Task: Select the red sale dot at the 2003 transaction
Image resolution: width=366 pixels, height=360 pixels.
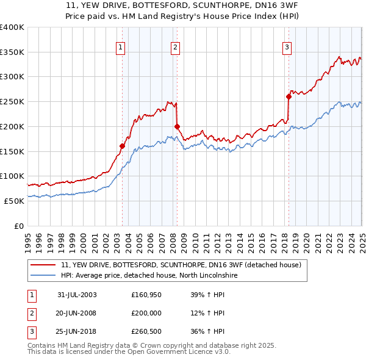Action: pyautogui.click(x=122, y=146)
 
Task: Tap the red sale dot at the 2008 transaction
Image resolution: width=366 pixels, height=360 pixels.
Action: pyautogui.click(x=177, y=126)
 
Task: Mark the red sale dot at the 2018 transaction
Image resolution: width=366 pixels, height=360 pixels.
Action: pyautogui.click(x=289, y=96)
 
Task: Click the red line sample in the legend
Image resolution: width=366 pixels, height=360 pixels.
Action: pyautogui.click(x=43, y=265)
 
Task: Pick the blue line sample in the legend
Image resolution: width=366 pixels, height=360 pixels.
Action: pyautogui.click(x=43, y=276)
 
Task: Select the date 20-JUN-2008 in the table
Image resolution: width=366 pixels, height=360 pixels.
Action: pyautogui.click(x=77, y=313)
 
